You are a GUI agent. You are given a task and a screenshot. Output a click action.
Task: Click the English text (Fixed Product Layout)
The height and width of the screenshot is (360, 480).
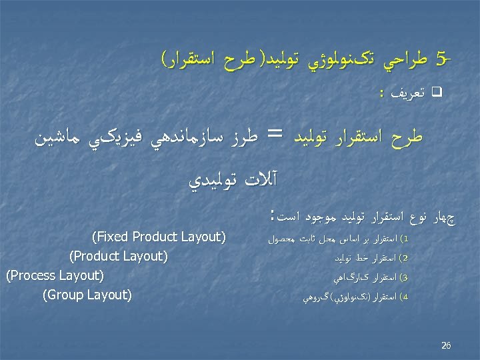(x=160, y=237)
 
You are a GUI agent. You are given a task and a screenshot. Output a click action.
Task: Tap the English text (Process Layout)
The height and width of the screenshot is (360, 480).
(x=54, y=275)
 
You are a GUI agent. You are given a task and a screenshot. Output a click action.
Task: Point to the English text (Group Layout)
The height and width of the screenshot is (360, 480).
(x=87, y=294)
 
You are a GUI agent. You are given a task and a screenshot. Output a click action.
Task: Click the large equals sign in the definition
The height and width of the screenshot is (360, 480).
(x=275, y=137)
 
